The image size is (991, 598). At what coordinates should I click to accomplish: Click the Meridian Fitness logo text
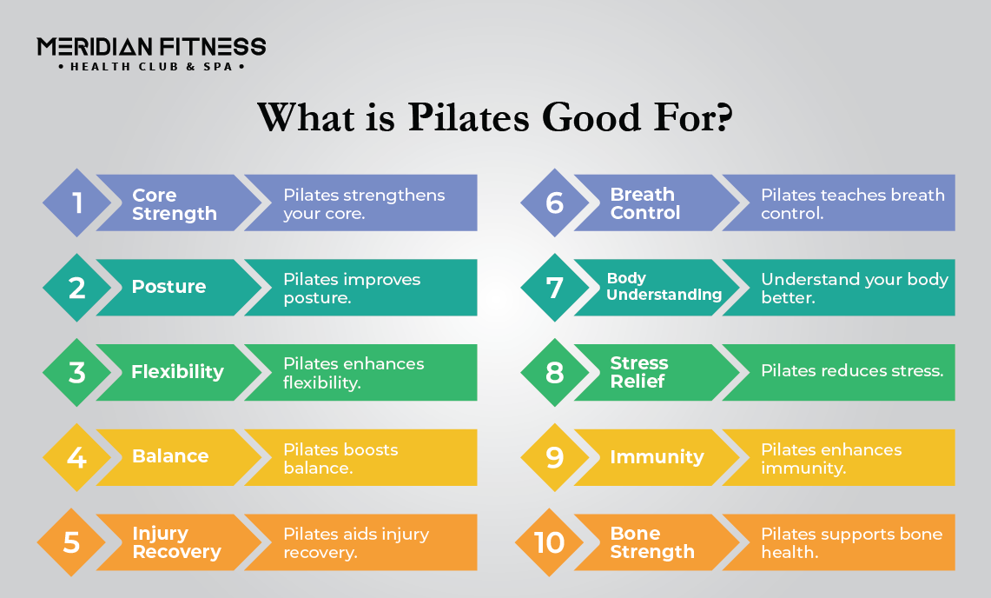pyautogui.click(x=151, y=46)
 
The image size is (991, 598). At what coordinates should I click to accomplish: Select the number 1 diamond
pyautogui.click(x=77, y=203)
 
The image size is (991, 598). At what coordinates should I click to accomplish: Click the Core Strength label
pyautogui.click(x=174, y=204)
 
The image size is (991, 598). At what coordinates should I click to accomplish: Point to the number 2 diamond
pyautogui.click(x=77, y=288)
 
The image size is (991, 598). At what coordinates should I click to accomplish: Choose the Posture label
pyautogui.click(x=168, y=287)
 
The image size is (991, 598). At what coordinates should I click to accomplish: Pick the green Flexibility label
pyautogui.click(x=177, y=372)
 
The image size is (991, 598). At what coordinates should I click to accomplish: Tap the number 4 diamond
pyautogui.click(x=77, y=457)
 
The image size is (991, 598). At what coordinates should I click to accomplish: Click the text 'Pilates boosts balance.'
pyautogui.click(x=340, y=458)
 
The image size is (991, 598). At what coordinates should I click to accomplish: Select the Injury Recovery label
pyautogui.click(x=176, y=542)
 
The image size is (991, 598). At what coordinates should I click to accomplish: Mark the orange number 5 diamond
pyautogui.click(x=72, y=542)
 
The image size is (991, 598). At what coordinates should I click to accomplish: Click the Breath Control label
pyautogui.click(x=645, y=203)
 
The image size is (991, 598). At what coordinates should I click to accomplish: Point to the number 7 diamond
pyautogui.click(x=555, y=288)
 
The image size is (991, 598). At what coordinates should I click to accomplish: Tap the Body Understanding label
pyautogui.click(x=664, y=287)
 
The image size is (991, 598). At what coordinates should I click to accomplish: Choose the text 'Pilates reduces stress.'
pyautogui.click(x=852, y=371)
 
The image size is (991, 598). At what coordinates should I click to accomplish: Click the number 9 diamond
pyautogui.click(x=555, y=457)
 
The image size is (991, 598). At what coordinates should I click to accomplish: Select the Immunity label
pyautogui.click(x=657, y=457)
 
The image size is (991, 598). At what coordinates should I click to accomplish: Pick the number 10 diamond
pyautogui.click(x=550, y=542)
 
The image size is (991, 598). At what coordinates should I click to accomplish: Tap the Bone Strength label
pyautogui.click(x=652, y=542)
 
